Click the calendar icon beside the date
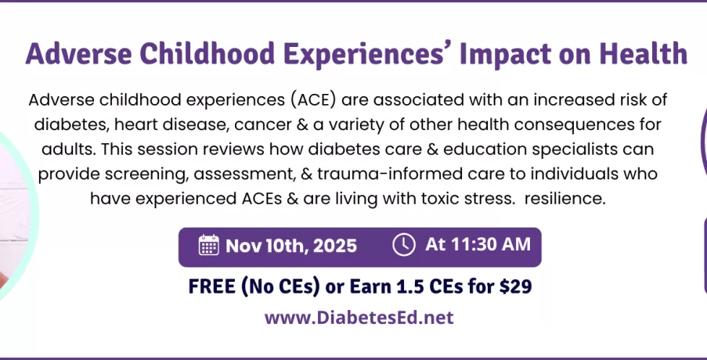(x=209, y=245)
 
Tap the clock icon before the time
(x=403, y=245)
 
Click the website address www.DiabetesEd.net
(x=359, y=318)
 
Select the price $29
(x=516, y=286)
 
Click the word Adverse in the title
(x=78, y=54)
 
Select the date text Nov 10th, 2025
(x=291, y=246)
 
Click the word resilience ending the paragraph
(x=565, y=198)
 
